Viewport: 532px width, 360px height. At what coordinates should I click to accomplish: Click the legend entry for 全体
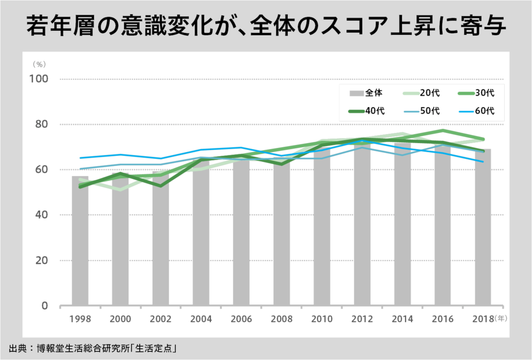pos(367,93)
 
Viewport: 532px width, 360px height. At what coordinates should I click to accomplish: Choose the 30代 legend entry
pos(476,93)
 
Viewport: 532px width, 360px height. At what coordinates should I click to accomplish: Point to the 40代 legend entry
pos(367,111)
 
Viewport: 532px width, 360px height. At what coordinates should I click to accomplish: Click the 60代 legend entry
pos(476,111)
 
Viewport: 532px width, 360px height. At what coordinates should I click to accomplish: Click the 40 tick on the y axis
pos(41,215)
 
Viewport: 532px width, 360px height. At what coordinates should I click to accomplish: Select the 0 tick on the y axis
pos(45,306)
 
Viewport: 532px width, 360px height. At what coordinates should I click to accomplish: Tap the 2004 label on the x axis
pos(201,319)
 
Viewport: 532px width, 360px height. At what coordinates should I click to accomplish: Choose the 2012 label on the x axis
pos(362,319)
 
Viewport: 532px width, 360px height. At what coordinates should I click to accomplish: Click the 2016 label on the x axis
pos(443,319)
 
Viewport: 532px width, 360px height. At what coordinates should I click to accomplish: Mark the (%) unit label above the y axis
pos(39,63)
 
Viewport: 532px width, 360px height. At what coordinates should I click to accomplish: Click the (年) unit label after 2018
pos(501,318)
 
